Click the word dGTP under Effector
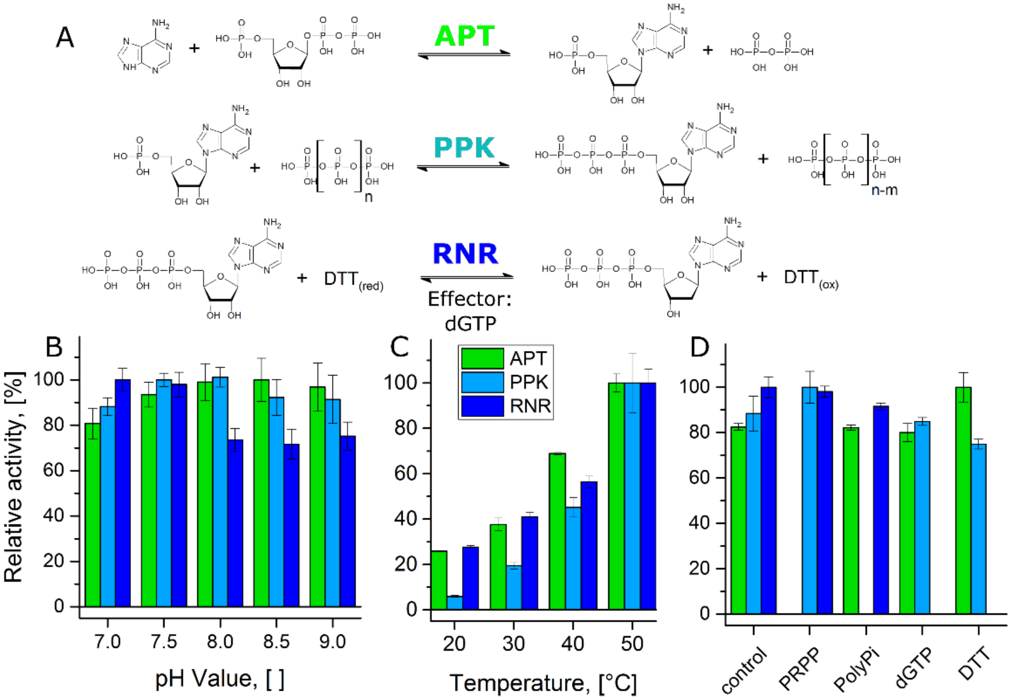(x=470, y=324)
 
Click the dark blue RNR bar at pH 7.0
(x=123, y=493)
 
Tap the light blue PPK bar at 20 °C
(x=454, y=603)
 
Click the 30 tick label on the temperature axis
(x=513, y=644)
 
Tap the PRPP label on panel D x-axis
(x=799, y=669)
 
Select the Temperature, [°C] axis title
(x=543, y=683)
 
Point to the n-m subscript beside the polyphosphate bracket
(x=884, y=190)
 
